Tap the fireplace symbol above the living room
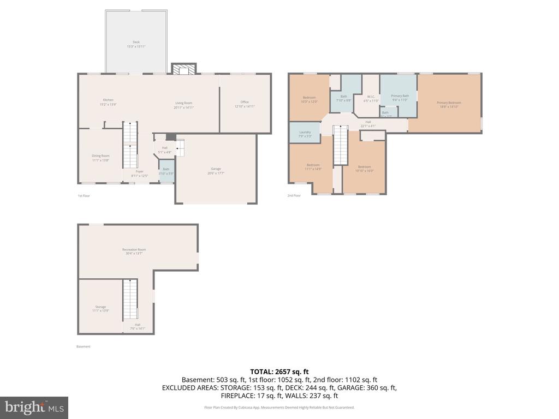[183, 69]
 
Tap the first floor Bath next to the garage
[166, 171]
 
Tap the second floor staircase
[340, 145]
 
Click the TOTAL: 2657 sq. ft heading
[279, 372]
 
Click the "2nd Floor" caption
[294, 195]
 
